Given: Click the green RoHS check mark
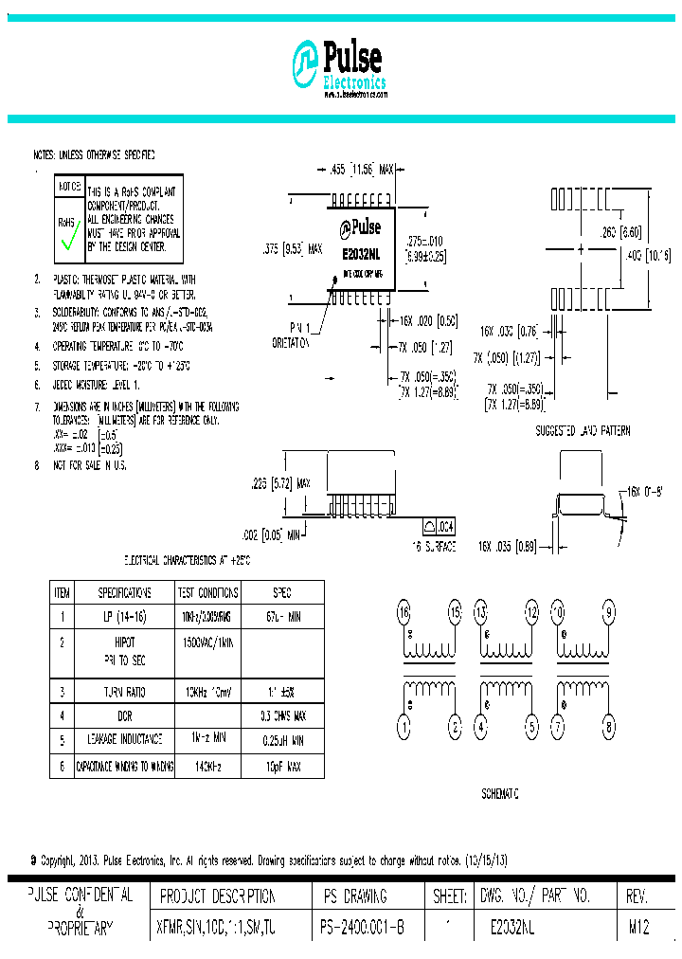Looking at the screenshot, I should (67, 241).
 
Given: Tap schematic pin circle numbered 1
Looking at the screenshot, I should (403, 728).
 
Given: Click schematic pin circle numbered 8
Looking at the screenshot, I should (607, 728).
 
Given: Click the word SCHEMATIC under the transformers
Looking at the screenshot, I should (500, 794).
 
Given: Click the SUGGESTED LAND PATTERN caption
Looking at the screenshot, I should (583, 430).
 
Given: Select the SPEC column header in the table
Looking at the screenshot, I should (281, 593).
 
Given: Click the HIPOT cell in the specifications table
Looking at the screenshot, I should (124, 642).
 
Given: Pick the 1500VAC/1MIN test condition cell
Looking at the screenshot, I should (206, 642).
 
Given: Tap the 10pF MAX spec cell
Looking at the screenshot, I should (281, 765).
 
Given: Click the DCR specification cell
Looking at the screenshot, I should (124, 715).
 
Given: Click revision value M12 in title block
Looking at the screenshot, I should (638, 931).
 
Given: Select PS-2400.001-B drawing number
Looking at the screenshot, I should (362, 931).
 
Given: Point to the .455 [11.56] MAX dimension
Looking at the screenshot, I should (361, 170).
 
